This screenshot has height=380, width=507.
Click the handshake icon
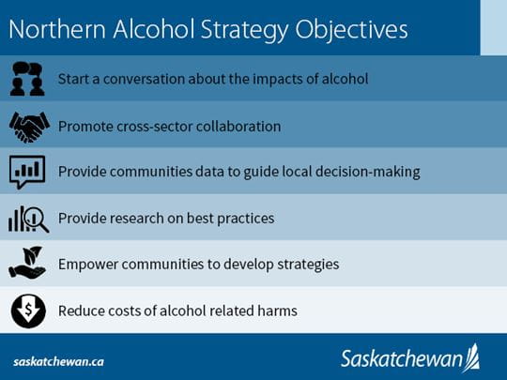coord(27,124)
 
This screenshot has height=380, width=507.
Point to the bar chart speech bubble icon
coord(27,171)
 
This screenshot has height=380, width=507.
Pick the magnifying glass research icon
coord(27,218)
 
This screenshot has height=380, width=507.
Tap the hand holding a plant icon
coord(27,264)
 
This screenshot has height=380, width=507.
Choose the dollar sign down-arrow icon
coord(27,311)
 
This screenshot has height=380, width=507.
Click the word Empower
coord(88,265)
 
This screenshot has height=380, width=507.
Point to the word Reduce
coord(82,311)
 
